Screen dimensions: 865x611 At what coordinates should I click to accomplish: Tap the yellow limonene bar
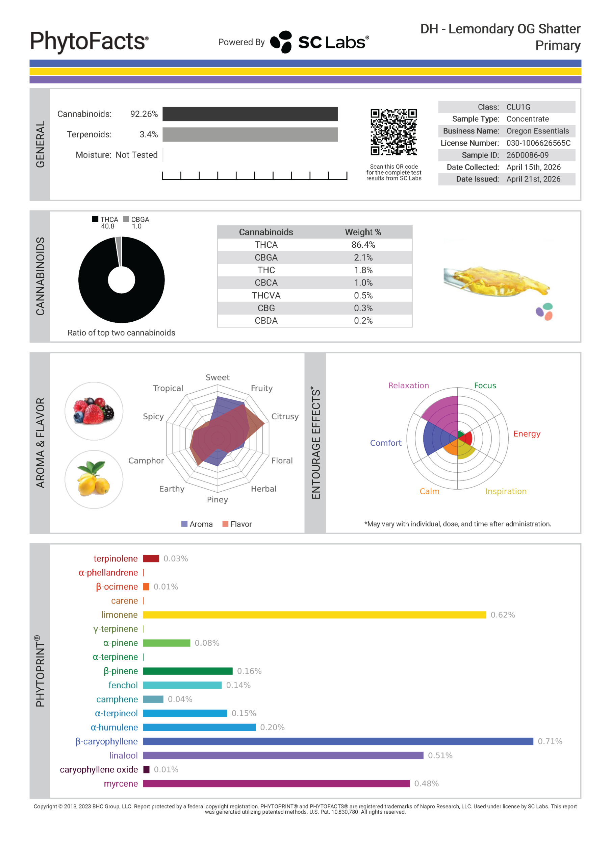click(x=314, y=615)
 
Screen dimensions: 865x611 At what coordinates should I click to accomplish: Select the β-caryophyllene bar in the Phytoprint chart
click(x=338, y=741)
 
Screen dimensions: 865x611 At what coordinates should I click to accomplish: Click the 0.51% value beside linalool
click(x=440, y=756)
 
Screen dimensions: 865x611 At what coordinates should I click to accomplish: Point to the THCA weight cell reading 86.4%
click(x=363, y=245)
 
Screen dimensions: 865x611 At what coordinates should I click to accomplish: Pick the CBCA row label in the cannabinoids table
click(x=266, y=283)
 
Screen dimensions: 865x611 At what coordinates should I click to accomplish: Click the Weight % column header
click(x=363, y=232)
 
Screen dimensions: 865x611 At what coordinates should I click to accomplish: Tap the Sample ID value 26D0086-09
click(x=527, y=155)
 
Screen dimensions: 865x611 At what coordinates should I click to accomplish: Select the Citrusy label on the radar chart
click(x=285, y=417)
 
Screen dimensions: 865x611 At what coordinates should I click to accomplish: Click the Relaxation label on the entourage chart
click(x=408, y=386)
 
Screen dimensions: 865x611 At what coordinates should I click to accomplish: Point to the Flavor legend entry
click(x=237, y=524)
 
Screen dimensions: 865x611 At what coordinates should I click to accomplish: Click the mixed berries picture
click(x=94, y=411)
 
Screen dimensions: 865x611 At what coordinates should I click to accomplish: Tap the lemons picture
click(x=94, y=479)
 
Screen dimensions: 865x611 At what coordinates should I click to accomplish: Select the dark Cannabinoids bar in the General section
click(x=250, y=114)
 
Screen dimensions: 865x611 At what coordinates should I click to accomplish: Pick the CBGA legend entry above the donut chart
click(x=136, y=219)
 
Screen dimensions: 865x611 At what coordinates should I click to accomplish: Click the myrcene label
click(x=121, y=784)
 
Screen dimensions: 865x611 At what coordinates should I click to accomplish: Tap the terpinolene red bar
click(x=151, y=559)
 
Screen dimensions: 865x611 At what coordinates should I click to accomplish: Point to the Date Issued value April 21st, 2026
click(x=533, y=179)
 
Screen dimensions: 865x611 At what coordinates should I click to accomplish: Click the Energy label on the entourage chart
click(x=527, y=434)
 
